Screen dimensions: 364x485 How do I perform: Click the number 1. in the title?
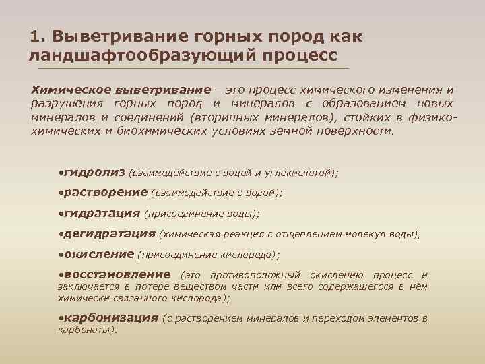[x=38, y=35]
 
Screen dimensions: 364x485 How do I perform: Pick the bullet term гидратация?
[x=102, y=213]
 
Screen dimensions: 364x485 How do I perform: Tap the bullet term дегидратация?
[x=109, y=234]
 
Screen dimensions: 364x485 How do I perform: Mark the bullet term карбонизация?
[x=110, y=317]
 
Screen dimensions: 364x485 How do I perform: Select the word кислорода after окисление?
[x=248, y=255]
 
